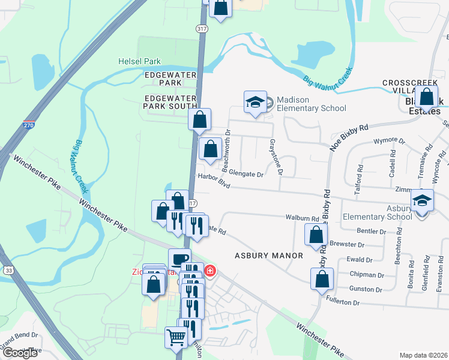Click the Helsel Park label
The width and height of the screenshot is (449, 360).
[140, 61]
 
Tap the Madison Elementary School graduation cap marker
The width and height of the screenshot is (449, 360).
[255, 102]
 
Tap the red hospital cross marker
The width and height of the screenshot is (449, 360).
[209, 271]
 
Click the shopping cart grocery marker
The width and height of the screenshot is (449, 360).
[176, 337]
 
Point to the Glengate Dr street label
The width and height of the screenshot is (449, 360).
[243, 175]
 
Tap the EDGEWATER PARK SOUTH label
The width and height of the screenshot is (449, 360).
[170, 101]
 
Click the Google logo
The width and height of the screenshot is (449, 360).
[20, 353]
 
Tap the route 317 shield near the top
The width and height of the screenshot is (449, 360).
[202, 28]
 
